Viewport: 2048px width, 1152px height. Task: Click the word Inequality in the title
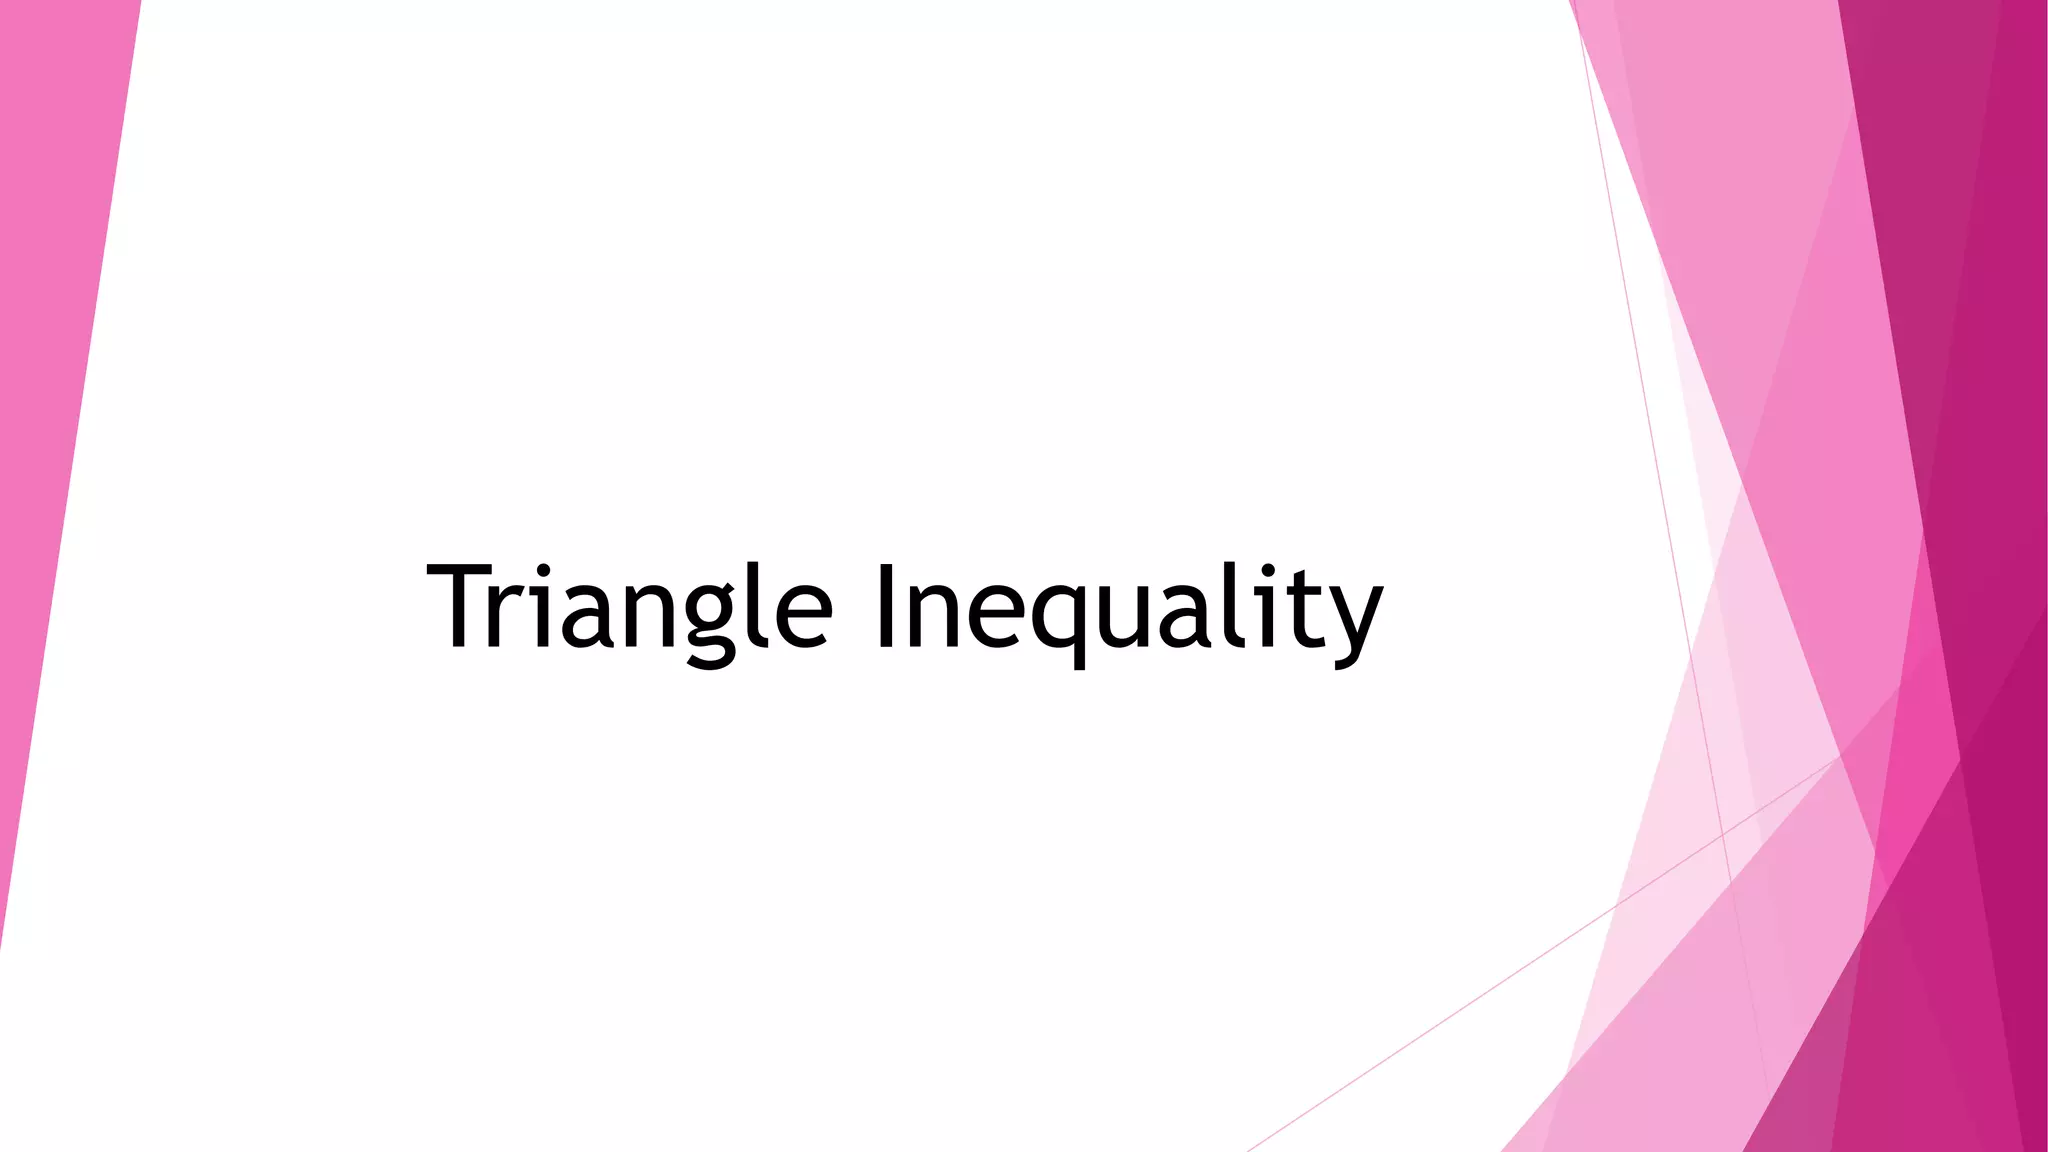tap(1130, 608)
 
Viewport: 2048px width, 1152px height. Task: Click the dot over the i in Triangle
tap(541, 570)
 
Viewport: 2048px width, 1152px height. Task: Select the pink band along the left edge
tap(50, 400)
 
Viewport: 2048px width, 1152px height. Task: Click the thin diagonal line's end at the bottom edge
tap(1250, 1149)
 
